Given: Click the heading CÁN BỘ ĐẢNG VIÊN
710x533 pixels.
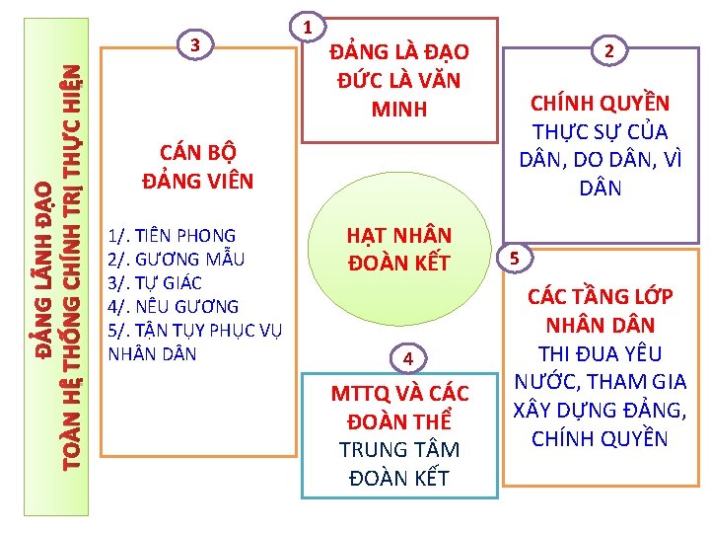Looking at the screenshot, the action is (x=197, y=167).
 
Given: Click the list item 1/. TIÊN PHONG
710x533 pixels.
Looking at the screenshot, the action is (x=173, y=236).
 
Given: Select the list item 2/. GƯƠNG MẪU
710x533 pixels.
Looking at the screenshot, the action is (x=176, y=260).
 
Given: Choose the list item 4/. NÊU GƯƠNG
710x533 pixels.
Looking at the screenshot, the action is (x=173, y=307).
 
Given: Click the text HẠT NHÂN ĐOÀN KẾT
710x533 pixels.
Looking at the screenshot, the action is (x=398, y=249).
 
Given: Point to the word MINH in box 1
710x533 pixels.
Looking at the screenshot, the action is (x=399, y=109).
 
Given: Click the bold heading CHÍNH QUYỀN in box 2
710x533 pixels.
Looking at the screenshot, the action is (x=600, y=104).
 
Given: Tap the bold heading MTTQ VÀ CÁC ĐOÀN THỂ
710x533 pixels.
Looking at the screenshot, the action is (x=399, y=407).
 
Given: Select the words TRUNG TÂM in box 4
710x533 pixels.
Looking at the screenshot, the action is (x=399, y=450).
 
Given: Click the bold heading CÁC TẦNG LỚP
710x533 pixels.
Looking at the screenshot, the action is (x=599, y=296).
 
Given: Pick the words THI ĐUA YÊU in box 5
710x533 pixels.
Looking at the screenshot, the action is (x=599, y=353).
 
